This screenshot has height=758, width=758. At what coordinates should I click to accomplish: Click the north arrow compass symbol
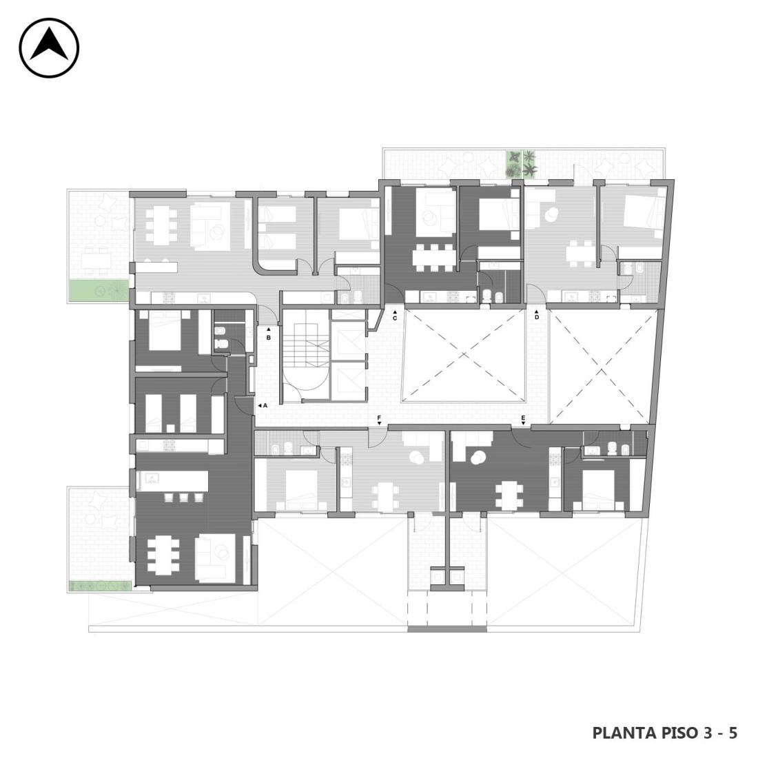pos(49,48)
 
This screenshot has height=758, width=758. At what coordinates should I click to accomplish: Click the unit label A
pos(265,406)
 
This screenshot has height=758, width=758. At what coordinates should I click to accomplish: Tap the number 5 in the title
pos(733,733)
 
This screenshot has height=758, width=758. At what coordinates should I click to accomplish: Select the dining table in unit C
pos(434,258)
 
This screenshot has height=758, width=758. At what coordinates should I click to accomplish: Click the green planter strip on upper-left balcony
pos(98,291)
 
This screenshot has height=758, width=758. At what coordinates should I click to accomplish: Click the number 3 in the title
pos(708,733)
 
